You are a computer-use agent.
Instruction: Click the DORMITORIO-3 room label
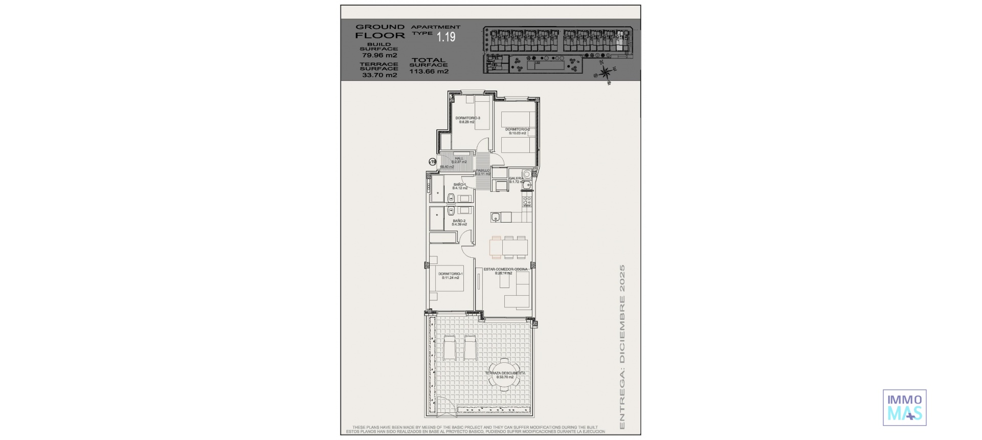(x=467, y=118)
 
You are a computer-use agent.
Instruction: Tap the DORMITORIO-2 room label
(x=517, y=129)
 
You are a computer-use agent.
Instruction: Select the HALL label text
(x=459, y=158)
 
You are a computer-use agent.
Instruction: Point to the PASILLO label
(x=483, y=170)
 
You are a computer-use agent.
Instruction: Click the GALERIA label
(x=516, y=178)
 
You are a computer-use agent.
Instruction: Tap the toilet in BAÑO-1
(x=451, y=198)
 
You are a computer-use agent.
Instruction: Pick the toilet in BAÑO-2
(x=451, y=210)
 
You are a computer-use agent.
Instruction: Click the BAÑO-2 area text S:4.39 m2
(x=459, y=225)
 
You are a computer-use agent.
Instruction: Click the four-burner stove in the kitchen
(x=526, y=202)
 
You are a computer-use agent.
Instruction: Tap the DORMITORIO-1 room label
(x=450, y=274)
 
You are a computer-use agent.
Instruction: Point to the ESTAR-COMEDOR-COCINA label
(x=505, y=269)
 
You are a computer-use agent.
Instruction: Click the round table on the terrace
(x=505, y=376)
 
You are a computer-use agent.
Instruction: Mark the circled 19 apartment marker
(x=433, y=162)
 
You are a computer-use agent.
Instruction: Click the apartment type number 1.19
(x=445, y=37)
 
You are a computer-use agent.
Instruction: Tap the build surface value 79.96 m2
(x=380, y=55)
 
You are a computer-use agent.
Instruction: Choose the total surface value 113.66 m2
(x=429, y=72)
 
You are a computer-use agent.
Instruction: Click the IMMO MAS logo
(x=904, y=407)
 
